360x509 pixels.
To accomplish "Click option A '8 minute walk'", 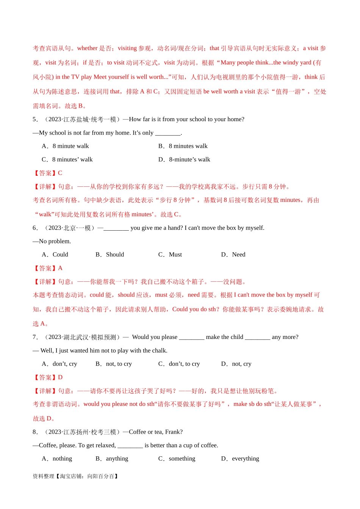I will [70, 146].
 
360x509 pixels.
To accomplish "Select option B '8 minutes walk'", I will [188, 146].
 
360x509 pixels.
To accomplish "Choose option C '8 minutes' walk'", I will [72, 159].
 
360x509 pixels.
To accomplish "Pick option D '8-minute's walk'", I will [189, 159].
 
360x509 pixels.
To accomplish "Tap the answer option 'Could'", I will [60, 254].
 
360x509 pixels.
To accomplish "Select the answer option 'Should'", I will [115, 254].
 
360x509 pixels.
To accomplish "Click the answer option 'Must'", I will [175, 254].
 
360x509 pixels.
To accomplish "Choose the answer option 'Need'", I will [238, 254].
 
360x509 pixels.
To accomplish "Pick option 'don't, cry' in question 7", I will [65, 364].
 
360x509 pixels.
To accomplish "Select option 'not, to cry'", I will [119, 364].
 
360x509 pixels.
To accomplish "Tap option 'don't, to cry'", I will [184, 364].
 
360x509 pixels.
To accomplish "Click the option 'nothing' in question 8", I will [62, 459].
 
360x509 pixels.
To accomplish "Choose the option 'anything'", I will [117, 459].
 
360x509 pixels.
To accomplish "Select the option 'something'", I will [182, 459].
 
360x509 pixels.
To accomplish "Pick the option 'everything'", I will [246, 459].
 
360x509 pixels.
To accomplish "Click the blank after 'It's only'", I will [168, 133].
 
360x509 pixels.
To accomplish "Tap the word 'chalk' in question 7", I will [159, 351].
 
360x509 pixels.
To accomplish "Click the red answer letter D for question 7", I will [60, 378].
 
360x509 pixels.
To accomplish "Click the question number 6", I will [35, 228].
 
